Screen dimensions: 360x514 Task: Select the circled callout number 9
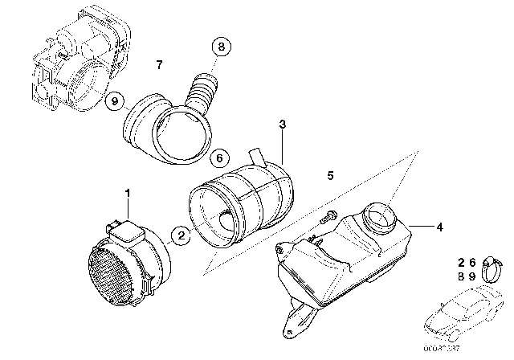(x=115, y=102)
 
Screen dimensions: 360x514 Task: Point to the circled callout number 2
(x=182, y=235)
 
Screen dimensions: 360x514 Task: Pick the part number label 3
(x=282, y=125)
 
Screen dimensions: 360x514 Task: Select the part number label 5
(x=329, y=174)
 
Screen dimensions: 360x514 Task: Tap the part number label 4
(x=440, y=227)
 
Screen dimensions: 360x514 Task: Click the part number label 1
(x=125, y=193)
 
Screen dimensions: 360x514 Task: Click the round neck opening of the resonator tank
(x=382, y=215)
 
